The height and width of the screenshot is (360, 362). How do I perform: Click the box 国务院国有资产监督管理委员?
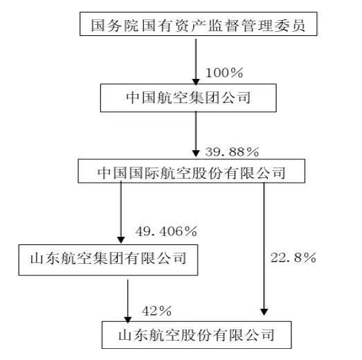click(x=199, y=24)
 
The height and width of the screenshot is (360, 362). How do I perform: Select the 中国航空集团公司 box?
click(x=188, y=98)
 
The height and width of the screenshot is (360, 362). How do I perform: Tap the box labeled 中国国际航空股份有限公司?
click(x=192, y=171)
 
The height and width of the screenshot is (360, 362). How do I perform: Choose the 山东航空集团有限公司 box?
click(x=108, y=260)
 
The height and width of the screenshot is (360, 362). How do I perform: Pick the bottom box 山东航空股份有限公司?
click(x=197, y=335)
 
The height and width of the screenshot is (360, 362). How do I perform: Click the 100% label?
click(x=224, y=73)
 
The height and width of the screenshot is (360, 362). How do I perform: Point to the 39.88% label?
click(x=232, y=152)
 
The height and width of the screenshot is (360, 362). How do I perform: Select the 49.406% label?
click(x=166, y=231)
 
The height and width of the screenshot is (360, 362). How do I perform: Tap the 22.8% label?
click(x=293, y=258)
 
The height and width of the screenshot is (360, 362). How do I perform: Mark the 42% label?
click(x=156, y=311)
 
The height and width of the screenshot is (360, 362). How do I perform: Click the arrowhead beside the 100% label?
click(x=196, y=82)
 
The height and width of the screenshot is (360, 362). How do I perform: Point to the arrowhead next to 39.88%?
click(x=196, y=154)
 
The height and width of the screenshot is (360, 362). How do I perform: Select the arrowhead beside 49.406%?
click(x=121, y=240)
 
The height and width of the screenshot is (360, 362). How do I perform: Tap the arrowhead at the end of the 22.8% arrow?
click(x=264, y=312)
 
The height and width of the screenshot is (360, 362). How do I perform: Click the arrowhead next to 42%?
click(x=127, y=320)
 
